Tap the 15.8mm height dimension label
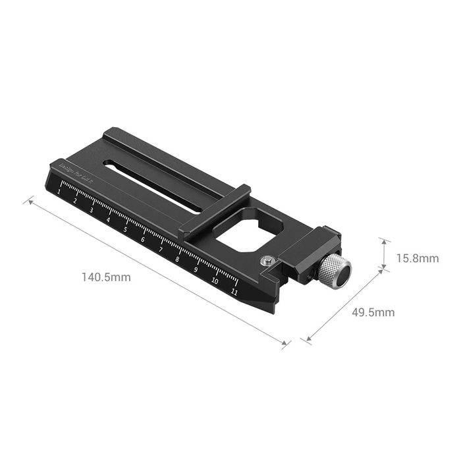pos(417,258)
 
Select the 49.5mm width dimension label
pos(373,312)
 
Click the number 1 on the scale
pos(60,192)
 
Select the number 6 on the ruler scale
pos(143,239)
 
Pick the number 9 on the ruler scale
pos(196,269)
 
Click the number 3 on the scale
pos(92,209)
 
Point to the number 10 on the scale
pos(215,281)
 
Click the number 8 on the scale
pos(178,259)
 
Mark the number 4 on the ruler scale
pos(109,219)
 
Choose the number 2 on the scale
pos(76,201)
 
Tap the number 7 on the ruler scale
pos(160,249)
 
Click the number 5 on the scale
pos(125,229)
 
